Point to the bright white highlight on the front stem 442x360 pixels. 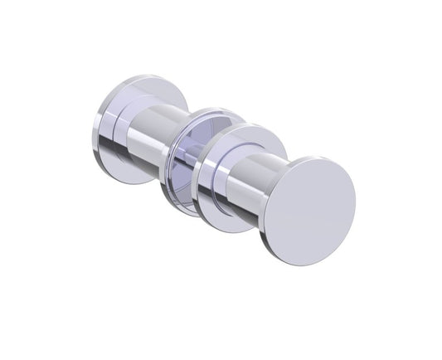(249, 166)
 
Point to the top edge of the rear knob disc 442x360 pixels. (141, 77)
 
